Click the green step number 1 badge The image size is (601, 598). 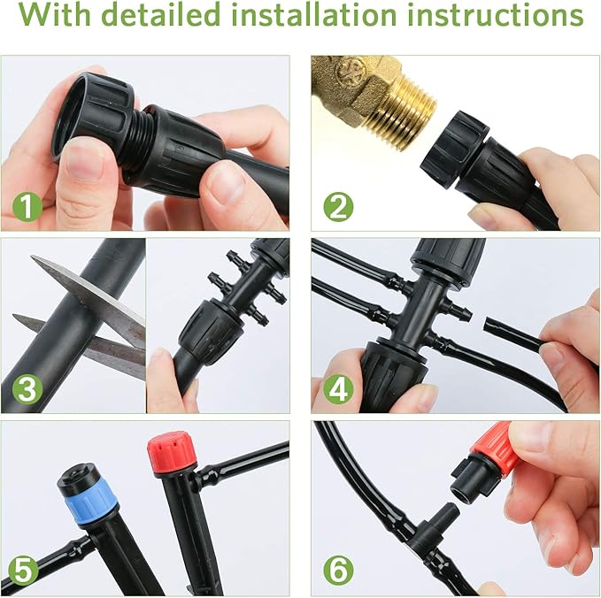(x=27, y=208)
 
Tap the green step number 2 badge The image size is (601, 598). (x=336, y=208)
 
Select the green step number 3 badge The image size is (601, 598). (x=27, y=389)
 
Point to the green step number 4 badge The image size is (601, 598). (x=336, y=389)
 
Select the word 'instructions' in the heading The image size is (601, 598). (x=505, y=18)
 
